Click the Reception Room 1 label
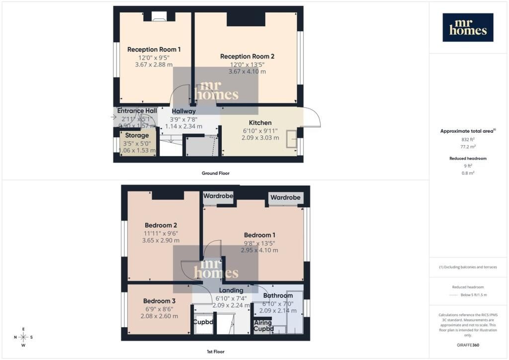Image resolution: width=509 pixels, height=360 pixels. (154, 49)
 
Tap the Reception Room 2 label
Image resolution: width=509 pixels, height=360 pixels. (247, 56)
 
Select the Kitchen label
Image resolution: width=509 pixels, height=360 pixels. (260, 123)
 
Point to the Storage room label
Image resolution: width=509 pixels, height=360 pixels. (137, 135)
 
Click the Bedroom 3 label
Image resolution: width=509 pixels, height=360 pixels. (159, 301)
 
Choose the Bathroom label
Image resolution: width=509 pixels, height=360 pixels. (278, 295)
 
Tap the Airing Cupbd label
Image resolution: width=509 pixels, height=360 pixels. (263, 326)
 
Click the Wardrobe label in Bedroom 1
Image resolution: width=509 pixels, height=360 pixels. (285, 197)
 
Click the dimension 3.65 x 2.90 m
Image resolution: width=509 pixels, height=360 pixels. (161, 240)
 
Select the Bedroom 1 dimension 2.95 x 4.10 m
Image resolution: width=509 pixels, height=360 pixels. (259, 250)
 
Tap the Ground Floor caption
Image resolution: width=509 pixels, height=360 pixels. (215, 173)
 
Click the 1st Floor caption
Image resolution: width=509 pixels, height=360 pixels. (215, 352)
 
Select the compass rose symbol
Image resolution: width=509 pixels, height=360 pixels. (23, 337)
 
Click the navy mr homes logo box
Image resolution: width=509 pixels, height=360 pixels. (468, 27)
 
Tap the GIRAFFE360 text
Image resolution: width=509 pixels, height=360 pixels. (468, 345)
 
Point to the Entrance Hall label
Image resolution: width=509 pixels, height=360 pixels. (137, 111)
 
